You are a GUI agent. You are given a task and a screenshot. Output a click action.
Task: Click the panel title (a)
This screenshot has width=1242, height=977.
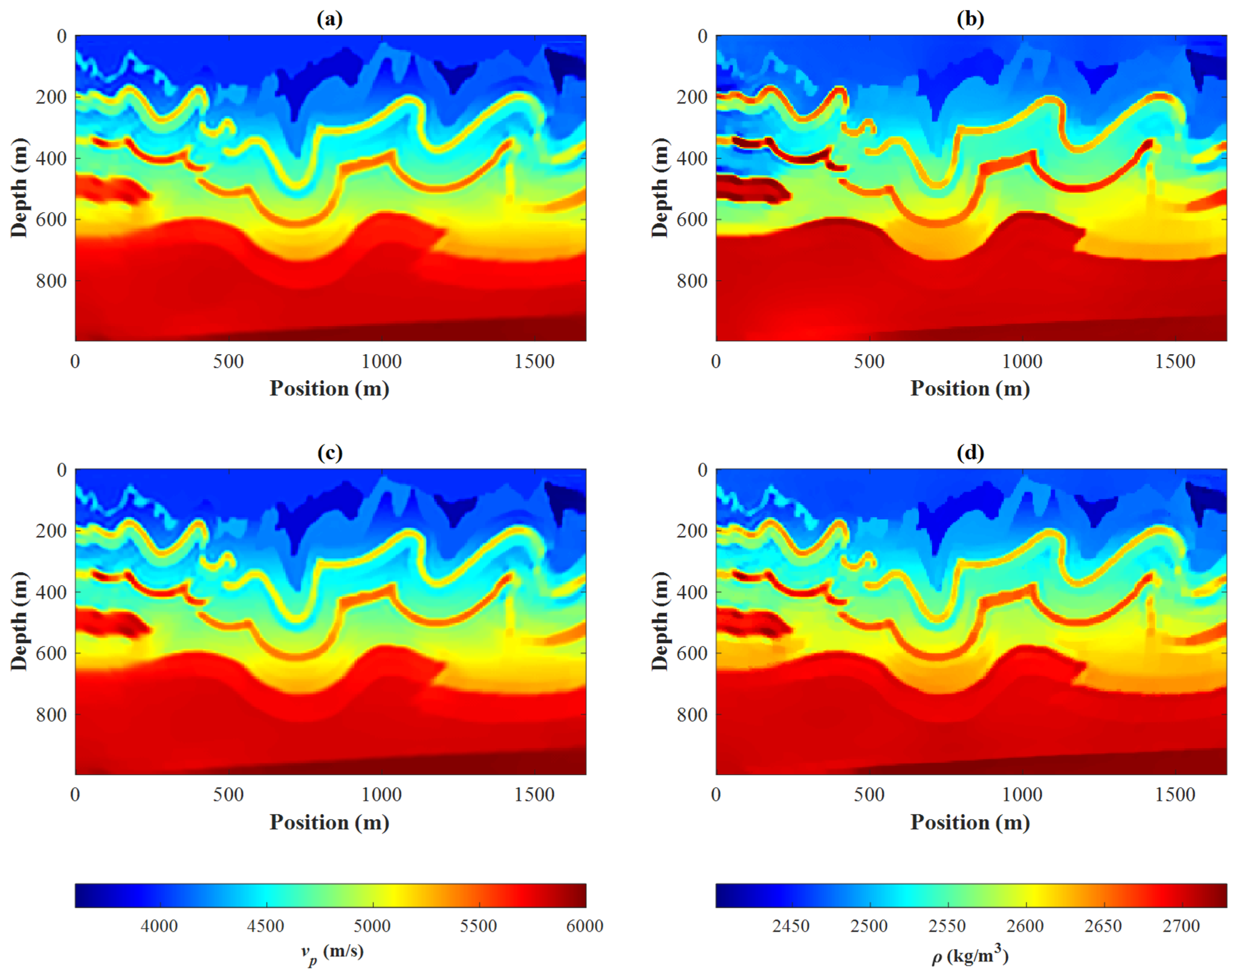[x=330, y=20]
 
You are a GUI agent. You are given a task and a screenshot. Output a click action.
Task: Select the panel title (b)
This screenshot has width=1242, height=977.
[x=970, y=20]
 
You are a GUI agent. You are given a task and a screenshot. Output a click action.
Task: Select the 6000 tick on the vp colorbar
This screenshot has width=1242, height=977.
[x=584, y=926]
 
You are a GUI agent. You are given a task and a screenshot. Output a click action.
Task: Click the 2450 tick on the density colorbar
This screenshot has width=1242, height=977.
[x=791, y=926]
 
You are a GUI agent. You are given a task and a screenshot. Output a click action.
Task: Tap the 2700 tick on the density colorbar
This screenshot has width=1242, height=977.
[x=1181, y=926]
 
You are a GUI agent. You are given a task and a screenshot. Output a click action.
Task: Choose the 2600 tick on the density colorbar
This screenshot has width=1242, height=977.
[x=1025, y=926]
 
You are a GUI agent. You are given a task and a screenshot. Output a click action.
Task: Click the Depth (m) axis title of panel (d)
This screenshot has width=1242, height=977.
[x=660, y=621]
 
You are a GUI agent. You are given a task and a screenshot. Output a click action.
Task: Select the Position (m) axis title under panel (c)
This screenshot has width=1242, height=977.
[x=330, y=823]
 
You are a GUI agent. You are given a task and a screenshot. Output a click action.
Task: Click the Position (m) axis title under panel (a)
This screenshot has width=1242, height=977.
[x=330, y=389]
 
